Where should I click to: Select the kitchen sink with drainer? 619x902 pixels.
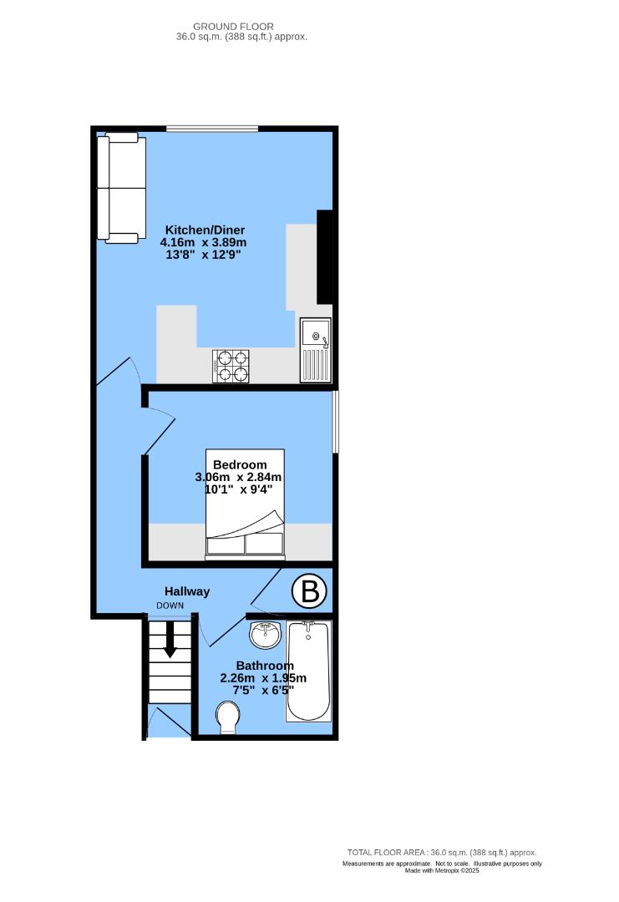click(x=315, y=350)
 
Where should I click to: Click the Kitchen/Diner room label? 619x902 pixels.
click(x=205, y=230)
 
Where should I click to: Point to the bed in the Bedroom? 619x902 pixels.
click(x=245, y=504)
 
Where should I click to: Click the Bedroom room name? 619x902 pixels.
click(x=240, y=464)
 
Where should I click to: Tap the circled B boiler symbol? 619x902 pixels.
click(x=308, y=592)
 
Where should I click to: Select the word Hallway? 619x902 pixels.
click(x=186, y=591)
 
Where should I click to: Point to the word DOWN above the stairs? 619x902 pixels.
click(x=170, y=606)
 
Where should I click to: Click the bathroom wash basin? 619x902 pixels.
click(x=266, y=634)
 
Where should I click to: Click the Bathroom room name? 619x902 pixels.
click(x=264, y=666)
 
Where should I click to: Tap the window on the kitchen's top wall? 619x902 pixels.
click(x=211, y=128)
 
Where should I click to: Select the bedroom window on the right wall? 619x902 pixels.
click(x=335, y=422)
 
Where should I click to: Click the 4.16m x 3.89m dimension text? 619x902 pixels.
click(x=204, y=243)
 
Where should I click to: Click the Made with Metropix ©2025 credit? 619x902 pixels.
click(x=443, y=870)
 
